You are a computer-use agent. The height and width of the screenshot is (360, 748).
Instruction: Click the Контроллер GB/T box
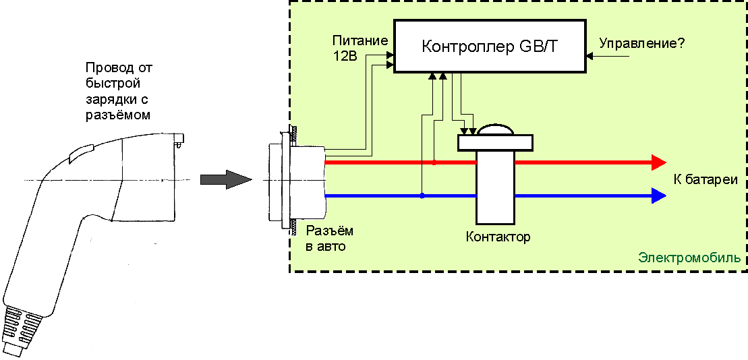coord(490,47)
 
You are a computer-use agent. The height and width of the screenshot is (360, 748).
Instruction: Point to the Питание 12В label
coord(361,48)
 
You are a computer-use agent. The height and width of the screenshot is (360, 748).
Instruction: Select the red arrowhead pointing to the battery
coord(658,162)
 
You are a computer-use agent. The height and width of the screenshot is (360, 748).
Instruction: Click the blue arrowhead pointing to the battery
coord(658,196)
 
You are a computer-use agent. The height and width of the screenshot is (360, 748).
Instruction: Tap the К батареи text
coord(705,180)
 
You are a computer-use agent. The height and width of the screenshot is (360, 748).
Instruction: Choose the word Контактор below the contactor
coord(498,237)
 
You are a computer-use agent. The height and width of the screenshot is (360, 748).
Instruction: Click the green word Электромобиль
coord(689,258)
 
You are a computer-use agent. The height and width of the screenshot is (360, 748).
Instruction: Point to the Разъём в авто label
coord(329,239)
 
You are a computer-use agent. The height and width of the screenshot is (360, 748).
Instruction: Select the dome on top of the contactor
coord(496,130)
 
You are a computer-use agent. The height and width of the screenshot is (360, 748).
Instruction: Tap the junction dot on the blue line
coord(422,196)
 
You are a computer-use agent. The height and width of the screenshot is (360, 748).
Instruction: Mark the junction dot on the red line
coord(434,162)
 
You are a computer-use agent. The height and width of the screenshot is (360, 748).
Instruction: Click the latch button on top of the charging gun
coord(82,152)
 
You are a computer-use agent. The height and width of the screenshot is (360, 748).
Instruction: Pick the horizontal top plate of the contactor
coord(496,142)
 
